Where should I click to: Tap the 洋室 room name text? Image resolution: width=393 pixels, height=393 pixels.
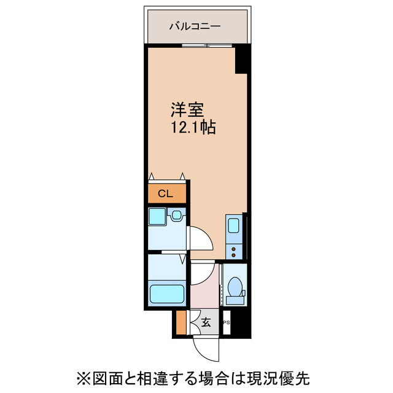pyautogui.click(x=187, y=111)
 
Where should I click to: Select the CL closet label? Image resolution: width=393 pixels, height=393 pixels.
pyautogui.click(x=165, y=194)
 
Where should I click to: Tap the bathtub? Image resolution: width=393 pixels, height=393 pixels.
pyautogui.click(x=166, y=294)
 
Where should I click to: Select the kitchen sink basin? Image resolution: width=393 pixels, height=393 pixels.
pyautogui.click(x=234, y=226)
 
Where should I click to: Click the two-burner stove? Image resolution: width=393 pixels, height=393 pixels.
pyautogui.click(x=234, y=249)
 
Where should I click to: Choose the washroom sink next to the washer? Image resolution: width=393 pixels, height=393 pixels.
pyautogui.click(x=176, y=216)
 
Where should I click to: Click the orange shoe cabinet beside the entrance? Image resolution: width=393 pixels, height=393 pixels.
pyautogui.click(x=181, y=323)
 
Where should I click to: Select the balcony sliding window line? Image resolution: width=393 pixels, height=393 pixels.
pyautogui.click(x=198, y=45)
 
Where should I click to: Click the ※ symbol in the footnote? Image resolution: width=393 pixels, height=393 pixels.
pyautogui.click(x=84, y=376)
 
